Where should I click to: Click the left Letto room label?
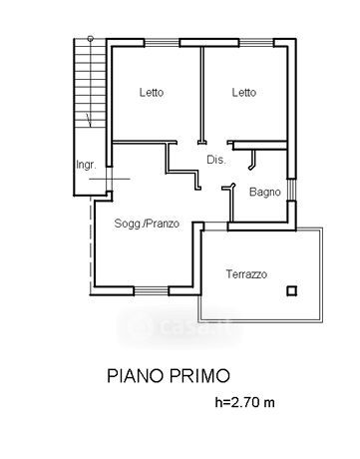click(x=152, y=92)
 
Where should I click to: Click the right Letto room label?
click(x=244, y=92)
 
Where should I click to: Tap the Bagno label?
click(x=265, y=193)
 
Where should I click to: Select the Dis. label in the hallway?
click(x=216, y=160)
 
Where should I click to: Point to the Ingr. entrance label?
click(x=86, y=165)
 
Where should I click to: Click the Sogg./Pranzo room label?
click(x=147, y=224)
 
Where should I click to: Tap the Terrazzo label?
click(x=246, y=274)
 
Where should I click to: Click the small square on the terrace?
click(x=291, y=291)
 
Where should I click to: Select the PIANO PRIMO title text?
click(x=169, y=376)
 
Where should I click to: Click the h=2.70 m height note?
click(x=245, y=402)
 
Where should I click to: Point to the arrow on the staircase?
click(x=89, y=121)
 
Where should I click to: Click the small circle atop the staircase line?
click(x=90, y=39)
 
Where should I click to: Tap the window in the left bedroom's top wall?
click(x=162, y=43)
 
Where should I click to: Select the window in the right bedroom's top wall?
click(x=256, y=43)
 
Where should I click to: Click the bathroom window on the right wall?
click(x=291, y=190)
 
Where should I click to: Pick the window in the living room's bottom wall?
click(x=152, y=291)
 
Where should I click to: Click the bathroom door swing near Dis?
click(x=252, y=160)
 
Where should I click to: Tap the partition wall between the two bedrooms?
click(x=201, y=96)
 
